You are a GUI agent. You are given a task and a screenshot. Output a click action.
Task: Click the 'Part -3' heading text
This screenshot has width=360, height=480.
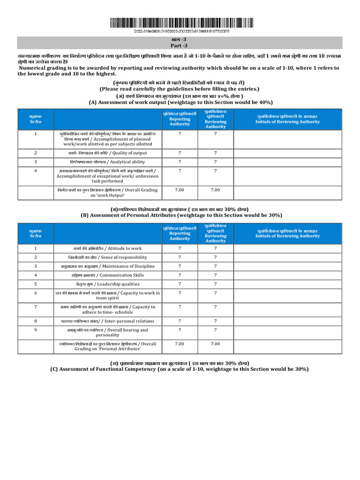click(x=180, y=45)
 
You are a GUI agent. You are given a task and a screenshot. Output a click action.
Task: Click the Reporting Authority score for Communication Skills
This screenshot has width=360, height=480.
click(x=180, y=275)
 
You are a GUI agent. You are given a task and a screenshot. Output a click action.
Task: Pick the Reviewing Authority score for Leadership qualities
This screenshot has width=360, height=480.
click(x=215, y=284)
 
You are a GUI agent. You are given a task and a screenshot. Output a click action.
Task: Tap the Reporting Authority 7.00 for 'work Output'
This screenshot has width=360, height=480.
click(x=180, y=190)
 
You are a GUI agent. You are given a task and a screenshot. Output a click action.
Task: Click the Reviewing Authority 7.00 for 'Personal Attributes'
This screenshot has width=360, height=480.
click(x=215, y=344)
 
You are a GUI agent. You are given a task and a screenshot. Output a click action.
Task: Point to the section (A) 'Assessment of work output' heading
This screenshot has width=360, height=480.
click(x=180, y=102)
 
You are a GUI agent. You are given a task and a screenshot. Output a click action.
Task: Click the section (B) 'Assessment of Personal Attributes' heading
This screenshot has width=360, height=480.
click(x=181, y=215)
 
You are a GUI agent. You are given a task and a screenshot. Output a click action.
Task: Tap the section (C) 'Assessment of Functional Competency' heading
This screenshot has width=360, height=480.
click(x=180, y=369)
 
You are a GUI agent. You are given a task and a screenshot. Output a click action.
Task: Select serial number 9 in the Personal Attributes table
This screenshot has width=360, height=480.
click(x=36, y=330)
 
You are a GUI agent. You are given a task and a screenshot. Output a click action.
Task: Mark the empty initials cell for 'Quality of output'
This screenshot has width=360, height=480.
click(x=287, y=153)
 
